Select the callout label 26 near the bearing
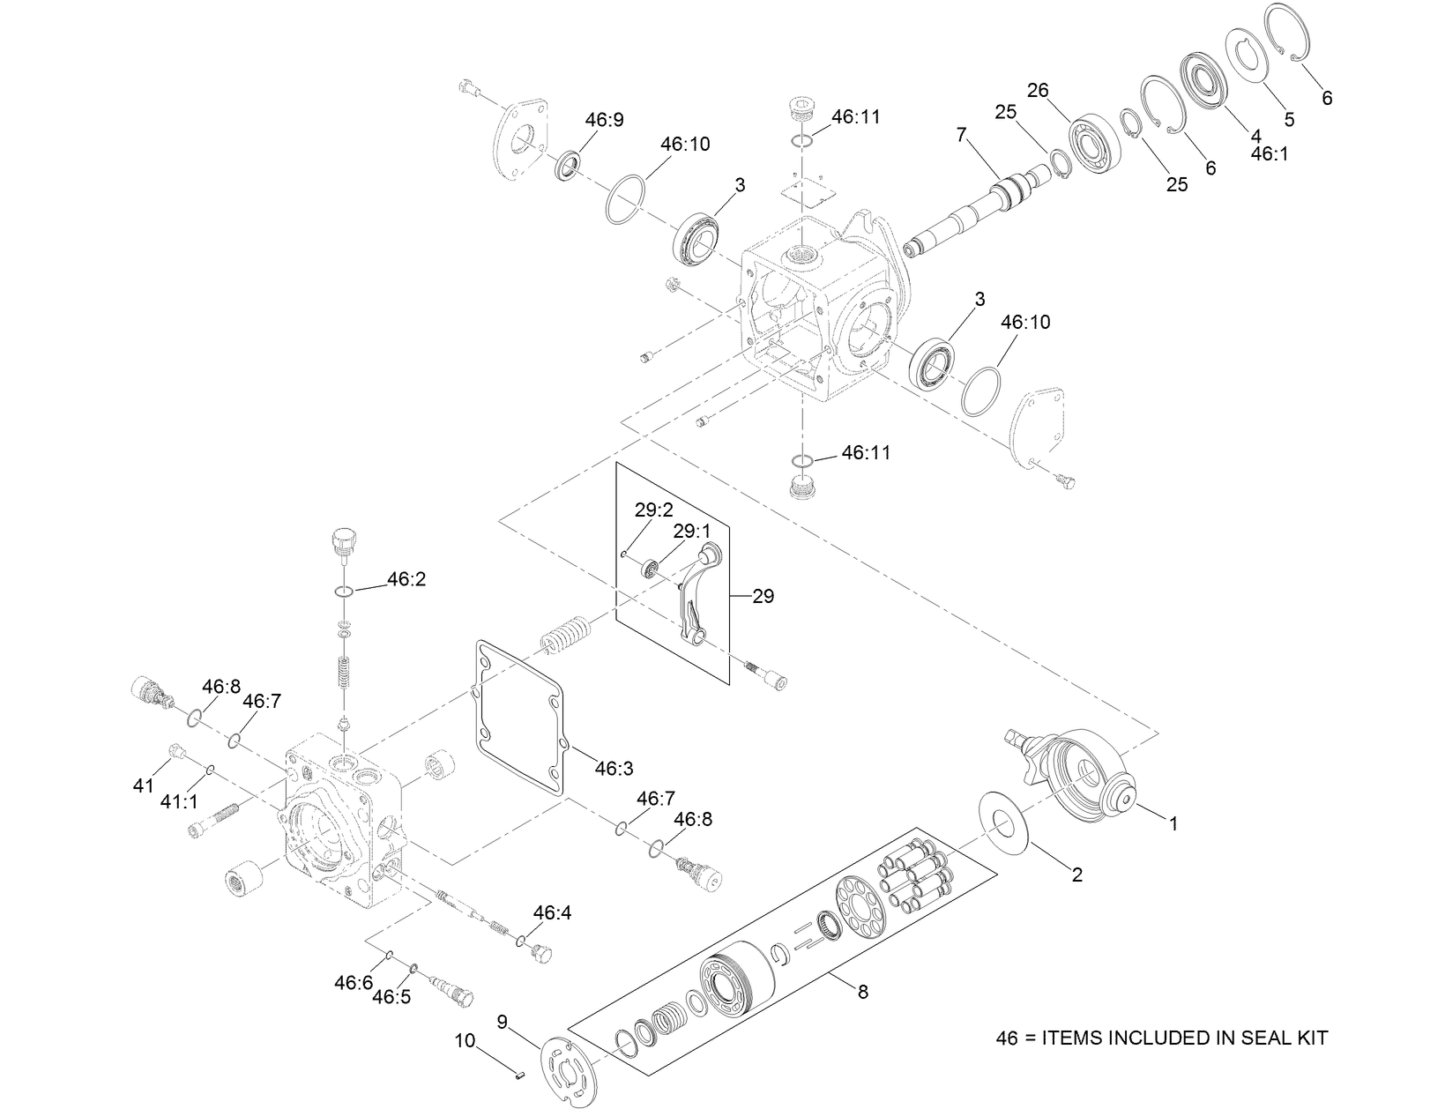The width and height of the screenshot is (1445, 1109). tap(1038, 90)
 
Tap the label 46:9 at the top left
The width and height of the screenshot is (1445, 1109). tap(604, 120)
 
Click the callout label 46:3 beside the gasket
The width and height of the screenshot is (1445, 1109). tap(614, 769)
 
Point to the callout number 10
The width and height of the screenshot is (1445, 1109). tap(465, 1041)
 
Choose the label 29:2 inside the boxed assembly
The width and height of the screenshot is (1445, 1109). tap(653, 510)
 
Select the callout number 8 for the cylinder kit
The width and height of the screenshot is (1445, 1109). tap(862, 992)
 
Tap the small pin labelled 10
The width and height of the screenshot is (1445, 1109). tap(518, 1074)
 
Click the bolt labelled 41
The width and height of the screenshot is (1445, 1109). tap(176, 752)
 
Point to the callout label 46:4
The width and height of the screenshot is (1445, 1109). tap(552, 912)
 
